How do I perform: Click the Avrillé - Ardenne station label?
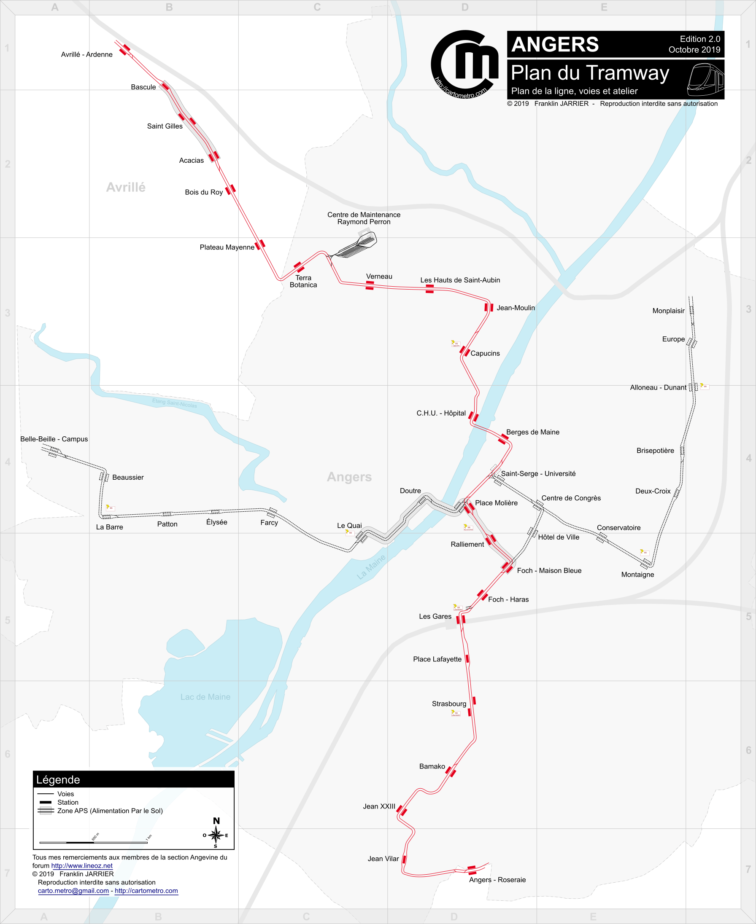[86, 54]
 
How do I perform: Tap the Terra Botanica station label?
[303, 282]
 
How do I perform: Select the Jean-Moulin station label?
[516, 308]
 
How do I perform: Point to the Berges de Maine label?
[532, 432]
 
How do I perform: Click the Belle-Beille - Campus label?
[54, 439]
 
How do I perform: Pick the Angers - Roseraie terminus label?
[497, 880]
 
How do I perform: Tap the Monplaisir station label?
[668, 311]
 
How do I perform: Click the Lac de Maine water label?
[205, 697]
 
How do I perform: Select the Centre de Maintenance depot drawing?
[356, 246]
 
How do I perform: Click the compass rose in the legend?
[216, 835]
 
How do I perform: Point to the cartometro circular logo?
[464, 64]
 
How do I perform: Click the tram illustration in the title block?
[705, 80]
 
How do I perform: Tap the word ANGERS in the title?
[555, 44]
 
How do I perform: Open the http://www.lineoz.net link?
[82, 866]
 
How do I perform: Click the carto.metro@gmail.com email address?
[73, 891]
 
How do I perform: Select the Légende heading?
[58, 779]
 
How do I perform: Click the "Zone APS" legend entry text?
[110, 811]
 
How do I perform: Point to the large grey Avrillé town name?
[126, 187]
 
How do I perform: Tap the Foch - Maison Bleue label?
[549, 570]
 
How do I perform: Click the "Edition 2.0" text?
[700, 39]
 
